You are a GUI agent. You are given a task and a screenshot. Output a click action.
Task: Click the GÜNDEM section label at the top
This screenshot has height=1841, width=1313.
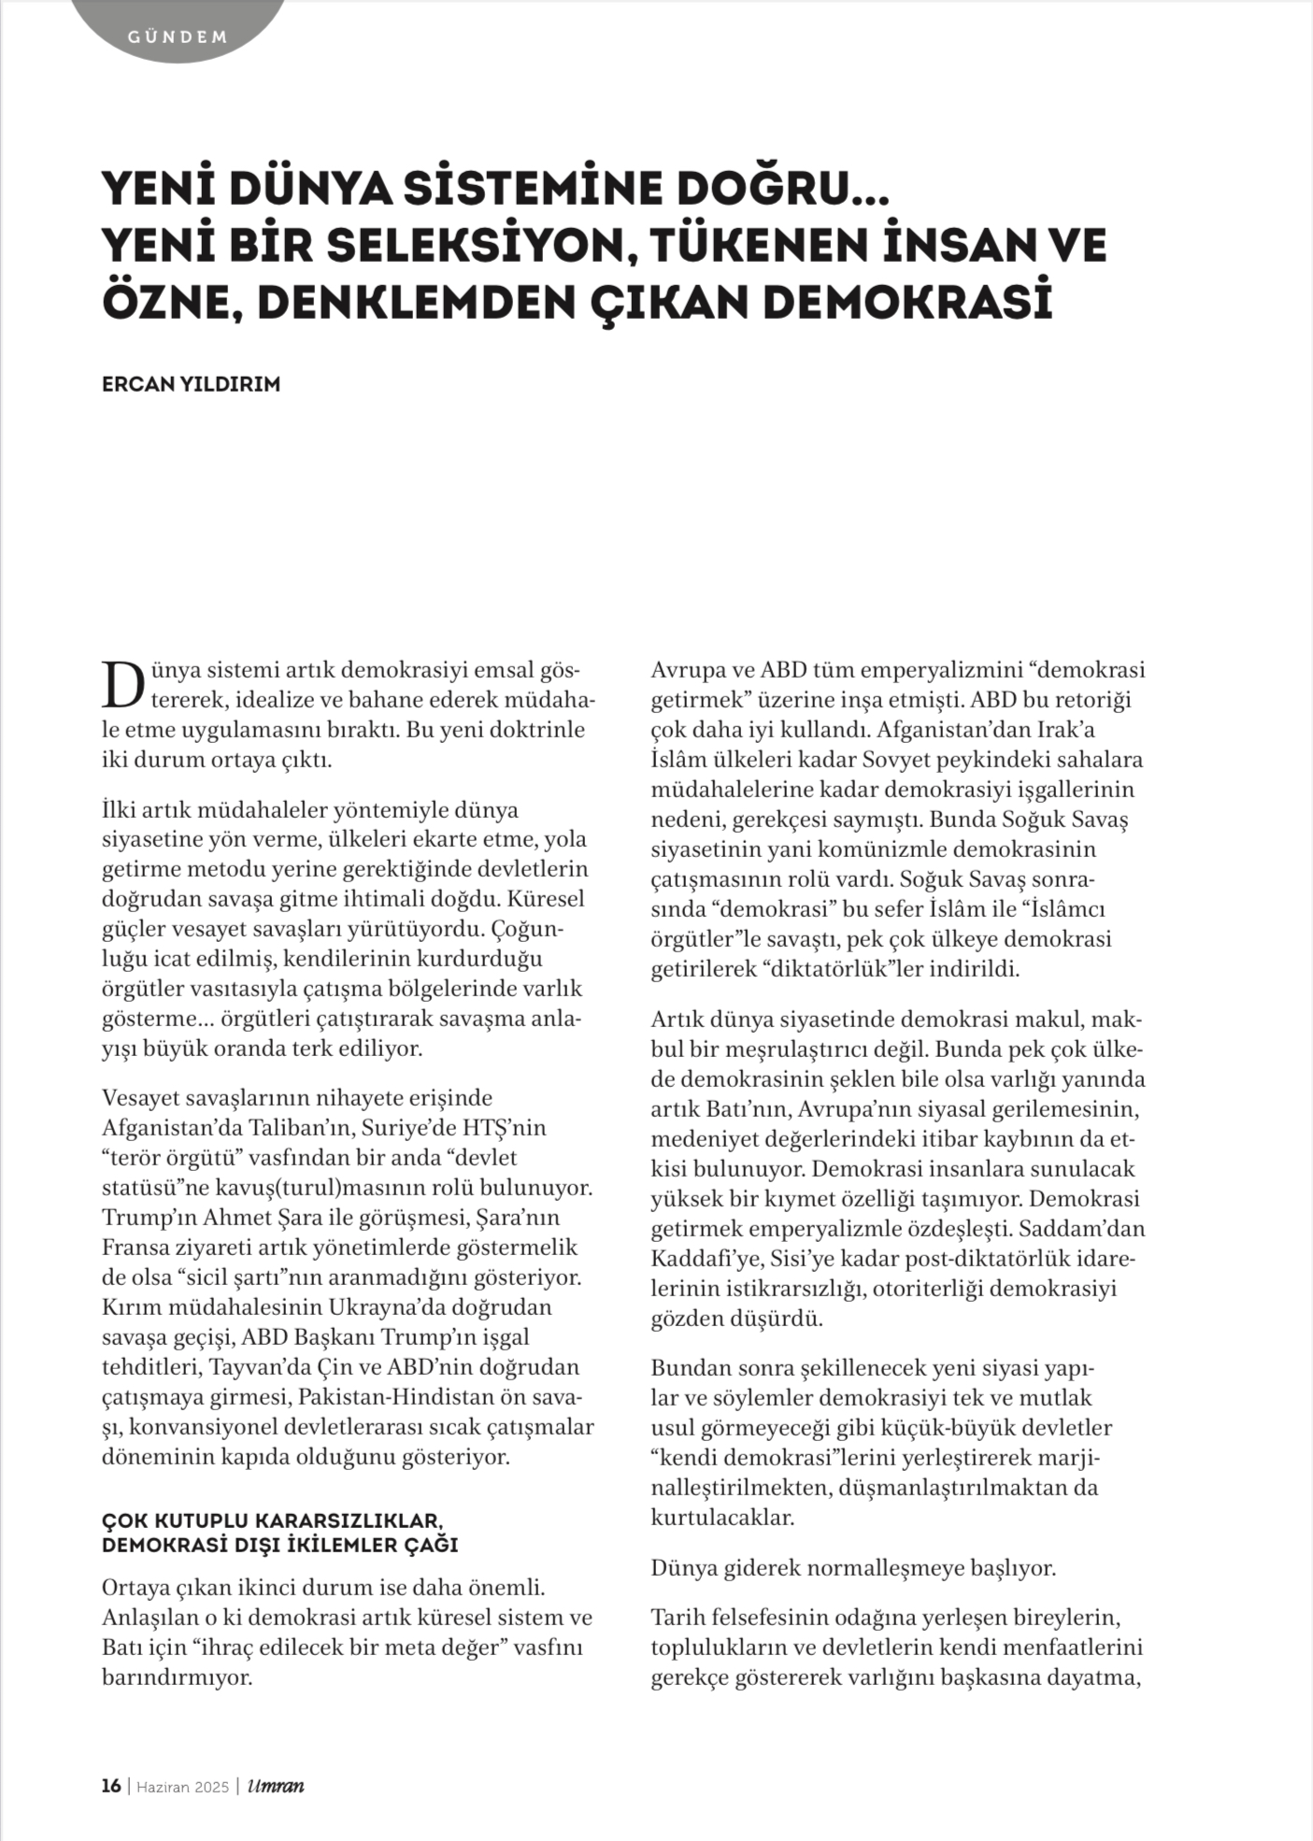[178, 38]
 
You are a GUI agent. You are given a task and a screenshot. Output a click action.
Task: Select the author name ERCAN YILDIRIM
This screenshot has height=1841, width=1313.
[191, 384]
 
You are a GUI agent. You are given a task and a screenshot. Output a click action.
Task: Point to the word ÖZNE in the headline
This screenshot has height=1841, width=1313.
[164, 301]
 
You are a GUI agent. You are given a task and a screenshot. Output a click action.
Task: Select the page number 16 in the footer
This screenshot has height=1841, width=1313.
[111, 1786]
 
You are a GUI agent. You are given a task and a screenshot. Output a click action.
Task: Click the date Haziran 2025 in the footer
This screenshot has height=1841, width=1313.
[183, 1786]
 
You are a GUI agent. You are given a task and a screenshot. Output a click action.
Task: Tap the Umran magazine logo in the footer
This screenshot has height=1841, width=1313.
[276, 1786]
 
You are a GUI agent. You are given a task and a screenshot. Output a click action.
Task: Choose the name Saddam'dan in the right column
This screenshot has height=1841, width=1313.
[1088, 1229]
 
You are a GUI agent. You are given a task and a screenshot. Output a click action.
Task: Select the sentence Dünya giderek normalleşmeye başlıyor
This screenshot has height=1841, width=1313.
[853, 1567]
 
